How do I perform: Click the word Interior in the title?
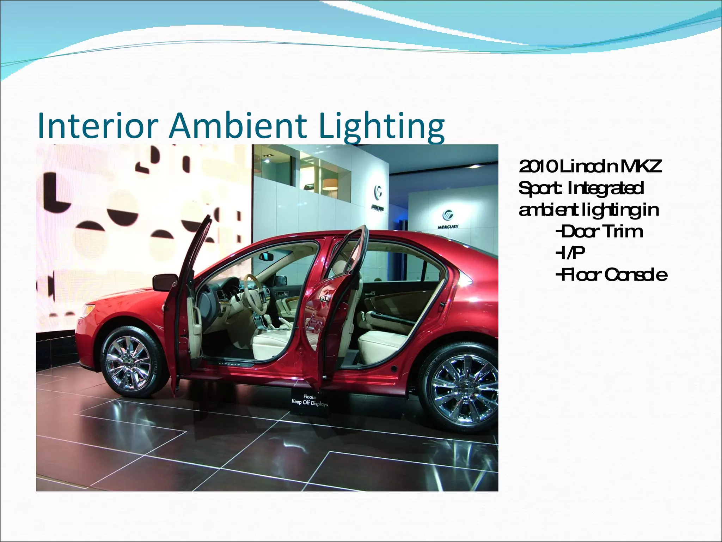point(96,125)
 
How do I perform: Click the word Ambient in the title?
point(237,125)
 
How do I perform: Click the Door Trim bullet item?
point(599,232)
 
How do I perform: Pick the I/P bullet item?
point(570,253)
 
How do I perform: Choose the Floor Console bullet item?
point(611,275)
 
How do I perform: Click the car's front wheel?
point(129,362)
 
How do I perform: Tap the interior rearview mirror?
point(267,257)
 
